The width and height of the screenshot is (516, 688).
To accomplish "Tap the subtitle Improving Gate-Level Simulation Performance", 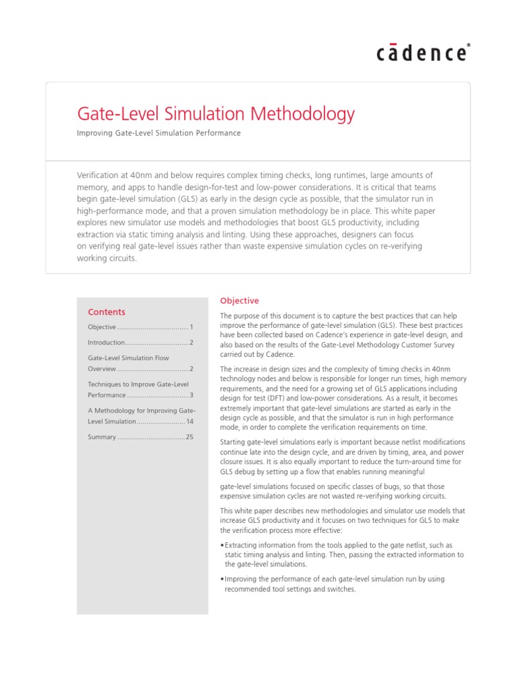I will [x=159, y=133].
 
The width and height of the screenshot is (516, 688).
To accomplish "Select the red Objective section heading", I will [x=239, y=301].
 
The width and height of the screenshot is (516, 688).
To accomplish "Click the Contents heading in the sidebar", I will [x=106, y=312].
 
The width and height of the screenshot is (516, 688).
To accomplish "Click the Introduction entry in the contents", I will [x=106, y=343].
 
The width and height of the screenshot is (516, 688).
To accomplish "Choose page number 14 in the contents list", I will [x=189, y=421].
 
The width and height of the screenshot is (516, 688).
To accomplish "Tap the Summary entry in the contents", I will [x=102, y=437].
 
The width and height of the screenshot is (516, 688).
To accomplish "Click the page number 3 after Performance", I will [x=191, y=395].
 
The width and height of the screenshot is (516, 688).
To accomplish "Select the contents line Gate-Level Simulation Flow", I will [x=129, y=358].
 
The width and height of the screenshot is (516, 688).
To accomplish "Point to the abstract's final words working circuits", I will [x=107, y=259].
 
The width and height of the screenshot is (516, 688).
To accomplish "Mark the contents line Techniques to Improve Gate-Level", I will [x=138, y=384].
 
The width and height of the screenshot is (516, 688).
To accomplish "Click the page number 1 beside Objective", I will [x=191, y=327].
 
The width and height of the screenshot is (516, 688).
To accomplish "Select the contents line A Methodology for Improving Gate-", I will [x=142, y=410].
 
